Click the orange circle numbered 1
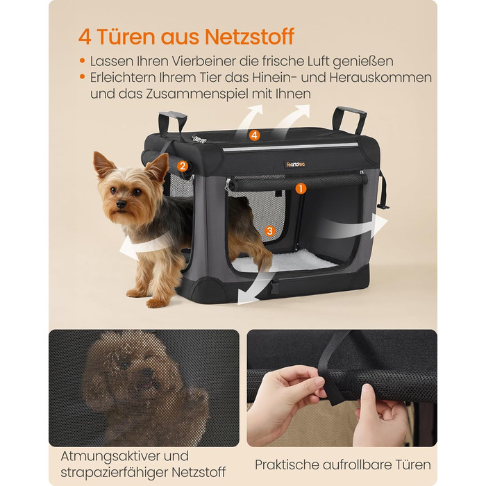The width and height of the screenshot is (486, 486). pyautogui.click(x=301, y=188)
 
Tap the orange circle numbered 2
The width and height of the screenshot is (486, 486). pyautogui.click(x=183, y=167)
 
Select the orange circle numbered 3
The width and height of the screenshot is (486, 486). pyautogui.click(x=269, y=231)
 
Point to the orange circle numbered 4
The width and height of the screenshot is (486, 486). pyautogui.click(x=255, y=135)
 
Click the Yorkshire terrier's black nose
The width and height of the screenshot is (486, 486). pyautogui.click(x=121, y=203)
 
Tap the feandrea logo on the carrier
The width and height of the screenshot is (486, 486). pyautogui.click(x=295, y=165)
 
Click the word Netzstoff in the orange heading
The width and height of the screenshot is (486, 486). pyautogui.click(x=249, y=37)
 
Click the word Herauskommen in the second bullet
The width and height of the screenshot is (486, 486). pyautogui.click(x=380, y=78)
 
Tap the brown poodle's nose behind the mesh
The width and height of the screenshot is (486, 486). pyautogui.click(x=149, y=373)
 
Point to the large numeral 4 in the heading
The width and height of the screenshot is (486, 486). pyautogui.click(x=85, y=37)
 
